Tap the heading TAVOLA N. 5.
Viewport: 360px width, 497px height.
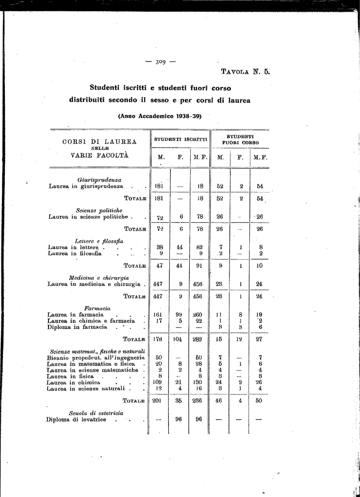[245, 72]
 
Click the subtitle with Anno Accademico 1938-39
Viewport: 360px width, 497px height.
[160, 116]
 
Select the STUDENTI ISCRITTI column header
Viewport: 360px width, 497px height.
[180, 139]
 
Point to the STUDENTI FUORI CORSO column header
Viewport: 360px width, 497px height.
[240, 140]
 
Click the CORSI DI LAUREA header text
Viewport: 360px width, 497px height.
[99, 142]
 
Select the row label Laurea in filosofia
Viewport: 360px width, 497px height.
[75, 253]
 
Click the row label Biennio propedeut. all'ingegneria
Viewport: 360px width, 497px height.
[97, 358]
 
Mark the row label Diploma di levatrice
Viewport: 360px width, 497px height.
[76, 419]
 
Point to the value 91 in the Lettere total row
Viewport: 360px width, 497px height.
[199, 266]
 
